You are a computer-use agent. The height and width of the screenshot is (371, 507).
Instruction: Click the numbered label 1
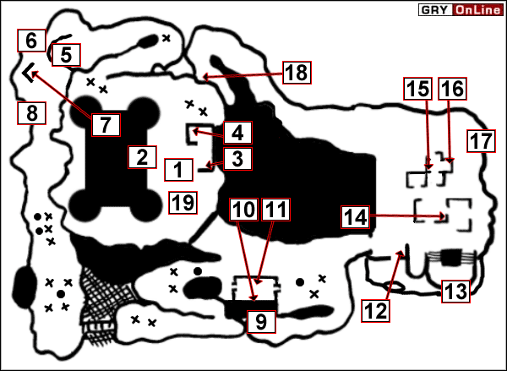[x=177, y=169]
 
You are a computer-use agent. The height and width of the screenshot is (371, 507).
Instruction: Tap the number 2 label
[x=142, y=156]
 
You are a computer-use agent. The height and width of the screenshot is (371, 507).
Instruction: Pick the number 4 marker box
[x=237, y=133]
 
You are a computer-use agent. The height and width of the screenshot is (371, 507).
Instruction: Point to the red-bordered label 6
[x=30, y=40]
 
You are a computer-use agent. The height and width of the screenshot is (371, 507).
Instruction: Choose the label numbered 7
[x=104, y=125]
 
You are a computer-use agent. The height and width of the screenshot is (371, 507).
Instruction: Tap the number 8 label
[x=30, y=112]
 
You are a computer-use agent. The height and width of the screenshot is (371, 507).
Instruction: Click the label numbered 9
[x=260, y=321]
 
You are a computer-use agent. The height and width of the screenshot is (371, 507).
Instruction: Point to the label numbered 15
[x=419, y=90]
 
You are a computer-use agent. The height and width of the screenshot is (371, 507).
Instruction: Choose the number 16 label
[x=453, y=90]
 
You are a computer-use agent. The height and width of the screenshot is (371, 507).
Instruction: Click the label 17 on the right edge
[x=481, y=140]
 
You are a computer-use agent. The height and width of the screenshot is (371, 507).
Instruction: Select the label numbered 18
[x=296, y=73]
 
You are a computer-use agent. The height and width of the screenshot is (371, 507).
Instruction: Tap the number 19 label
[x=182, y=201]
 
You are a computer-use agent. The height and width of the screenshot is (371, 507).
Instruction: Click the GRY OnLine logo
[x=460, y=10]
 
